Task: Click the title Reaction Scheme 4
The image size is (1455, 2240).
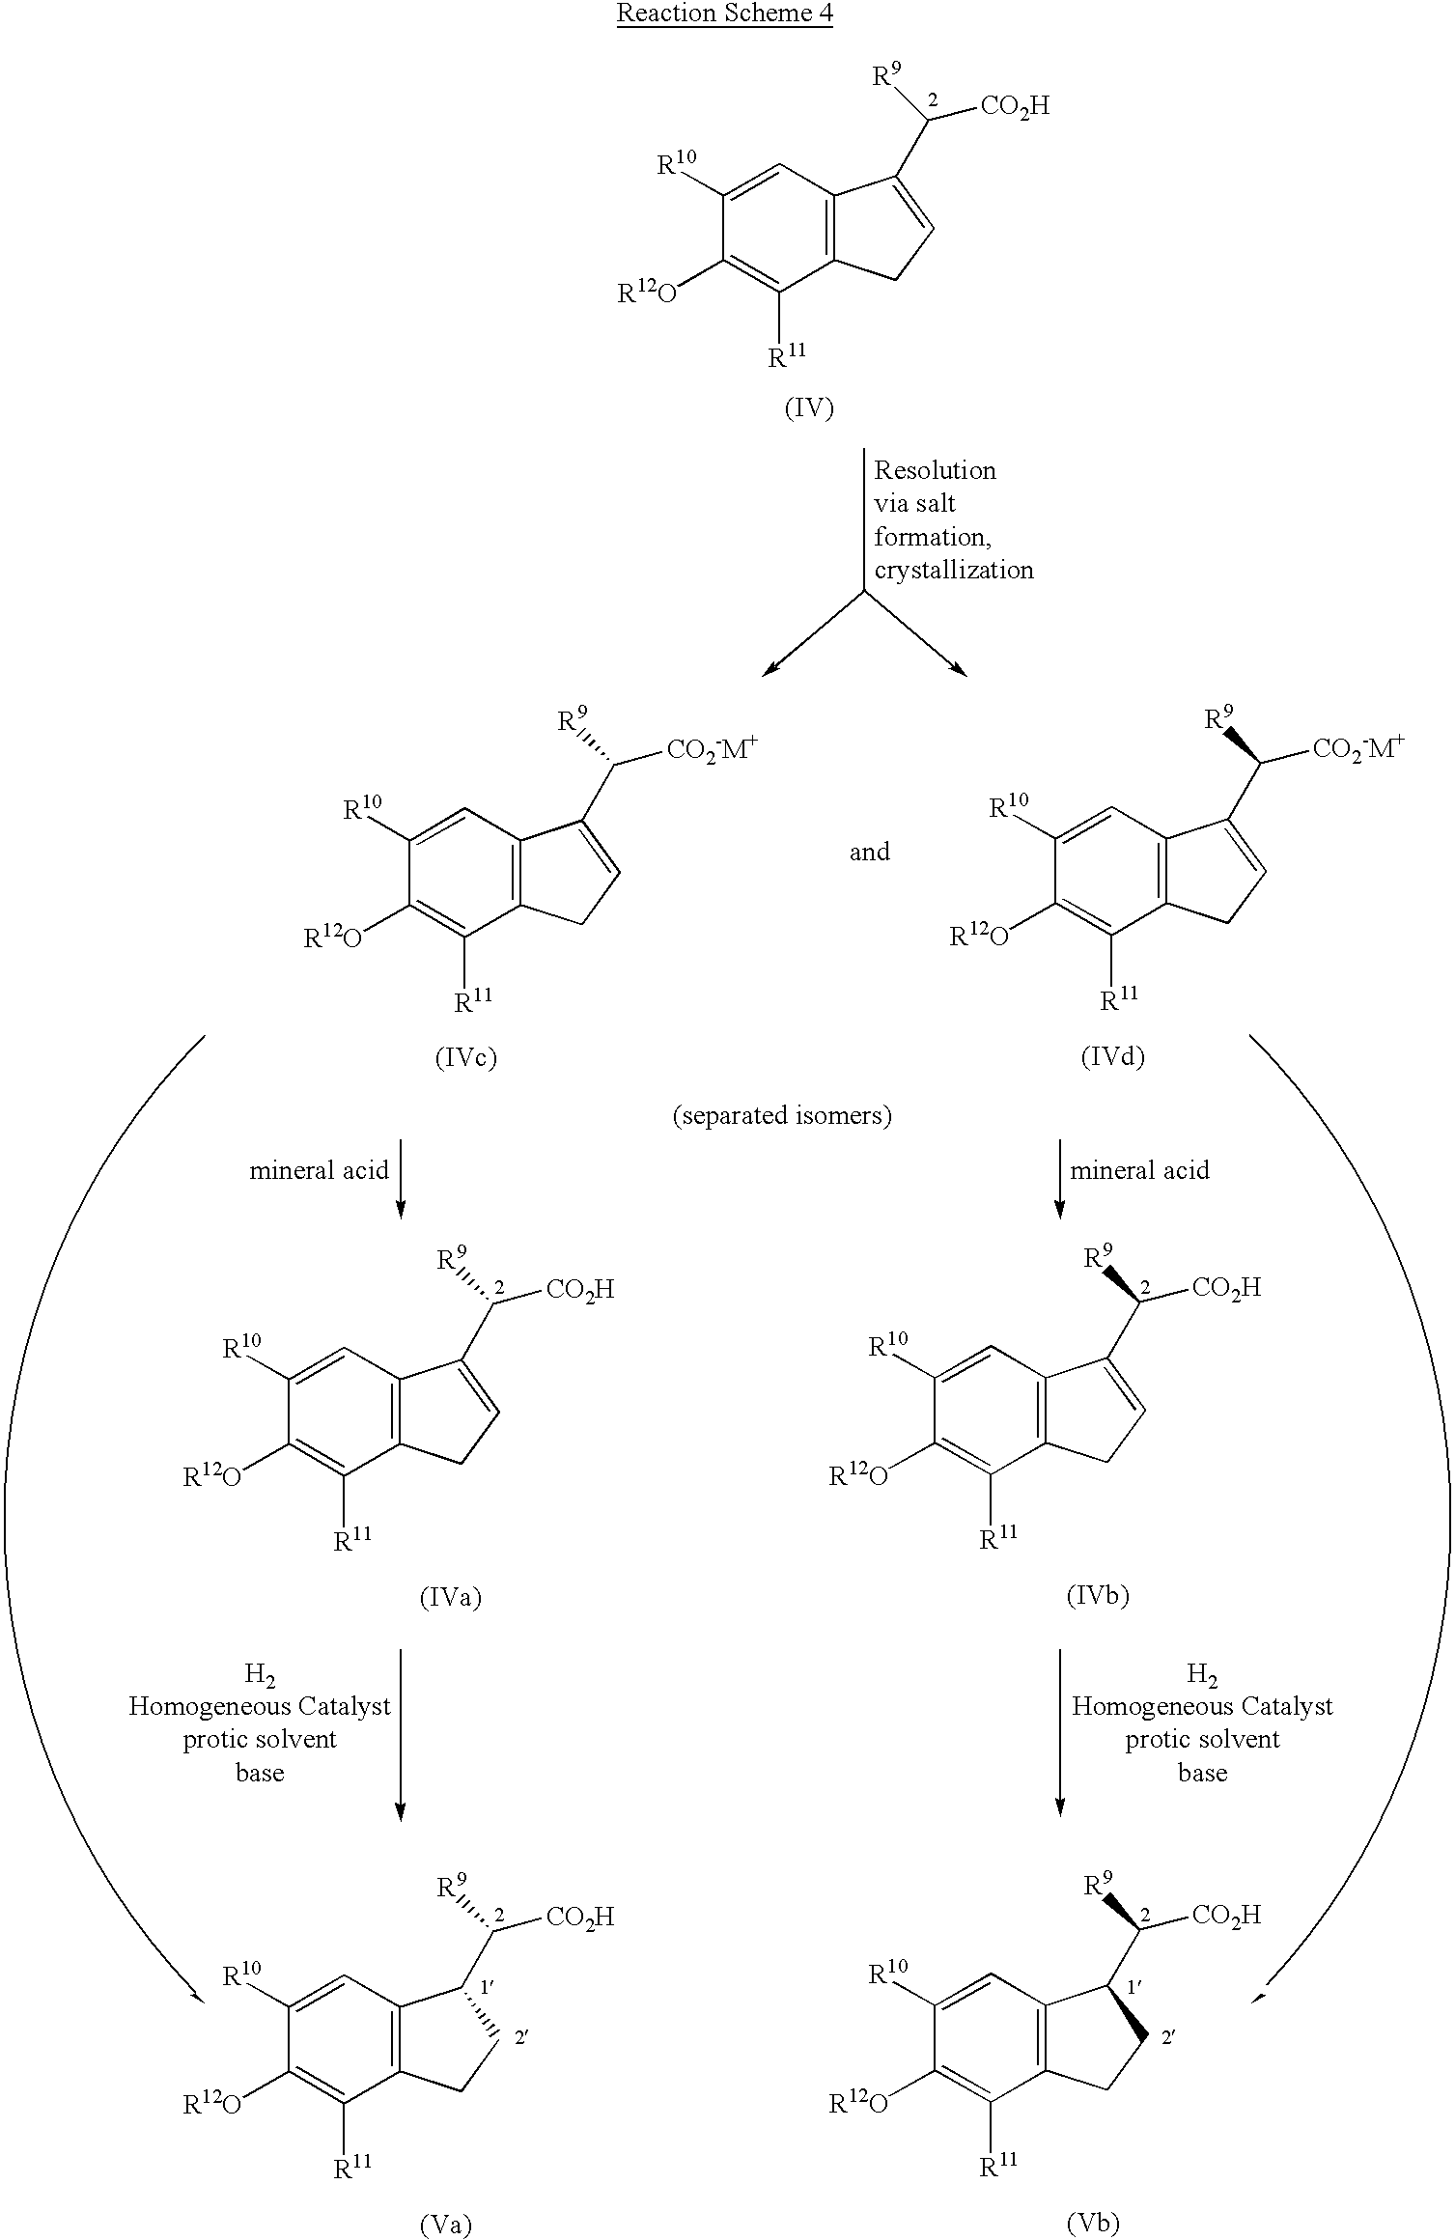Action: [x=724, y=14]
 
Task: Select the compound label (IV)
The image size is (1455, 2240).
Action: [x=808, y=408]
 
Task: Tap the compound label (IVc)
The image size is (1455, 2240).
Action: [x=465, y=1058]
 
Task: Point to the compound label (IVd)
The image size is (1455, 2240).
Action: [x=1112, y=1057]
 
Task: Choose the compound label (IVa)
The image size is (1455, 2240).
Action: [x=450, y=1597]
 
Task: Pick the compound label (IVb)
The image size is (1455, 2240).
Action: [x=1097, y=1595]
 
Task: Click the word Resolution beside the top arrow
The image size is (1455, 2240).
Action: [x=935, y=470]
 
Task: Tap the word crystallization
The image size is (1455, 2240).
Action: [x=954, y=570]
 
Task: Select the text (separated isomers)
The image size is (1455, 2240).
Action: [x=781, y=1116]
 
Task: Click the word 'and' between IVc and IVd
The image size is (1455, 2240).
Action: [x=869, y=852]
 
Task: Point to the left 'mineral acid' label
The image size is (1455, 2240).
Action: [x=319, y=1170]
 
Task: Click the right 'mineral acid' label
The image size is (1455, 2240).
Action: [x=1139, y=1170]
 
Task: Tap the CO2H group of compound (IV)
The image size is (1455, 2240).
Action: [x=1014, y=105]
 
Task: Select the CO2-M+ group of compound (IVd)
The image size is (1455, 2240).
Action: [x=1357, y=749]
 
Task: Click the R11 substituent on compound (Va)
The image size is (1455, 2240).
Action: [x=352, y=2168]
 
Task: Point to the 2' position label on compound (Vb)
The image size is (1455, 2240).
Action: [x=1168, y=2037]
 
